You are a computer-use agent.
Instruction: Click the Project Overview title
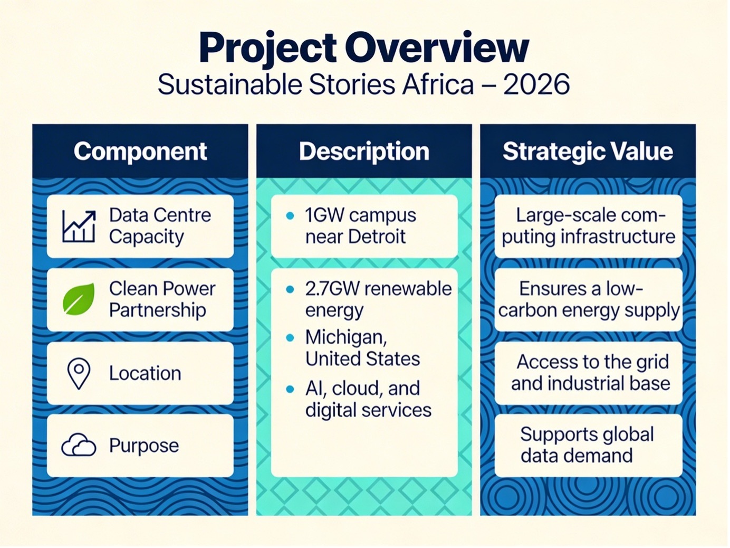363,48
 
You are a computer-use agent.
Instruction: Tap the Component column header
140,152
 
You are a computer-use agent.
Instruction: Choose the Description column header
364,152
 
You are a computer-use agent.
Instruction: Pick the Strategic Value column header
588,152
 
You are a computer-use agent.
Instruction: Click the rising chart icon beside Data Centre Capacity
79,226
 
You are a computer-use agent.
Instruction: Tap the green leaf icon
79,299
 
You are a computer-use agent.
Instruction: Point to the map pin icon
79,374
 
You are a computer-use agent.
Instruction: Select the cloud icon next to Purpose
79,445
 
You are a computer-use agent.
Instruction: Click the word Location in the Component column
146,373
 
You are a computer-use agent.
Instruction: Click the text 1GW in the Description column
324,215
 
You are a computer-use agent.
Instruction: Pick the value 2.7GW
332,288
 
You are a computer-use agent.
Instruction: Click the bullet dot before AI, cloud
290,389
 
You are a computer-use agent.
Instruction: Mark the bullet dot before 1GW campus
290,215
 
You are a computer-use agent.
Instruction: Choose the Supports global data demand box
588,445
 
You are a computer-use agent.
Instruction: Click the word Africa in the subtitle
438,84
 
